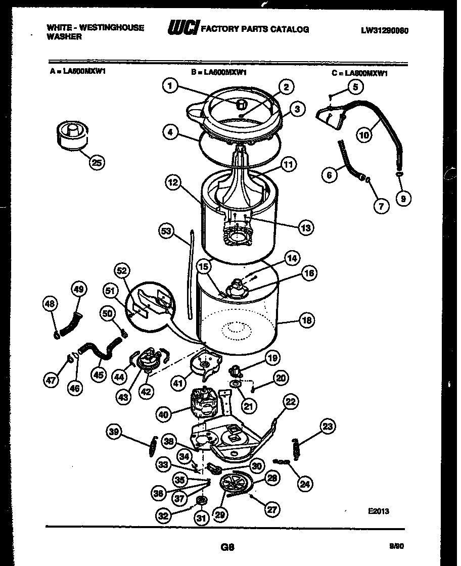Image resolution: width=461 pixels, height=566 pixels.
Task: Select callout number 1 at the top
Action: point(170,86)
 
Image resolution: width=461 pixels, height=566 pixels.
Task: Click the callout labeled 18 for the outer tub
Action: point(306,320)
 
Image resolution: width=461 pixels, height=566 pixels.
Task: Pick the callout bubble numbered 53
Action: point(166,232)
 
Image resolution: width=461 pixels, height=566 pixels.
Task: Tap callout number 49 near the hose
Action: point(79,290)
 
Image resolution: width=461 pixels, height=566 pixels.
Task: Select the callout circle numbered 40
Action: point(164,414)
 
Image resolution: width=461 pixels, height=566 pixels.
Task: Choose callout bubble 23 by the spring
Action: point(328,427)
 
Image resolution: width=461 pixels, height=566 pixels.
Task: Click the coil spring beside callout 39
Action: point(153,445)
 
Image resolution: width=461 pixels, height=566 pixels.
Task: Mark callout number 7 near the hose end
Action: point(381,206)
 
